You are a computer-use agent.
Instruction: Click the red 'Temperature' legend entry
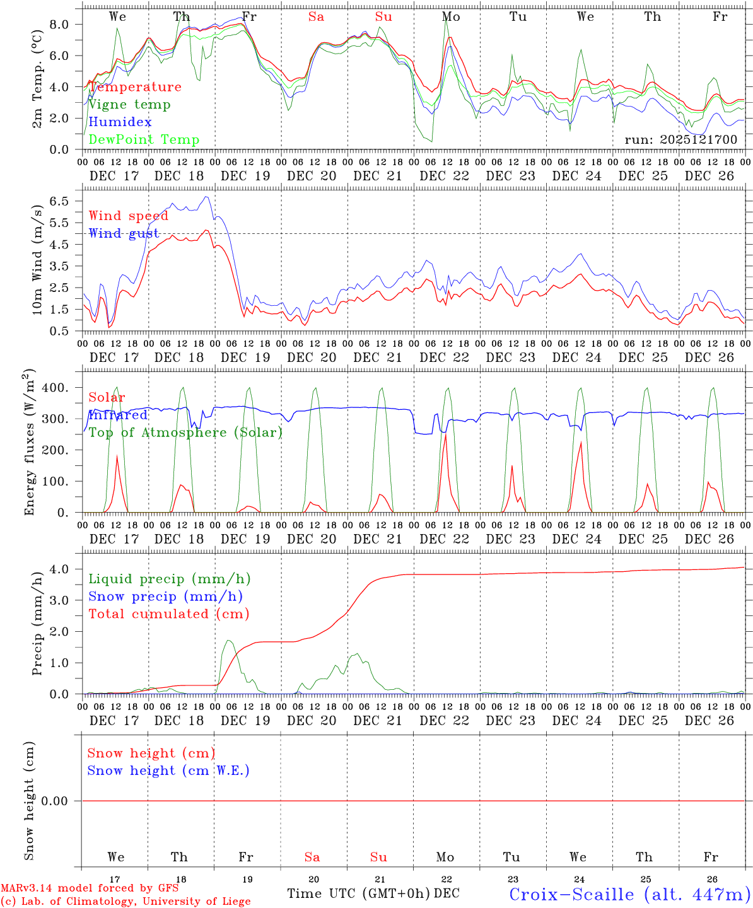point(135,87)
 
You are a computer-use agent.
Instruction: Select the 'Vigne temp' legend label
point(129,105)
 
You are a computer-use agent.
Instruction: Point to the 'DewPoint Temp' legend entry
point(144,139)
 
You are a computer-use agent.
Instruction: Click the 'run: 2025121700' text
point(680,139)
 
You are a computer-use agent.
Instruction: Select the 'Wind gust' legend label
point(124,233)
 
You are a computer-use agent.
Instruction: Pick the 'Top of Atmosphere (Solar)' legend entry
point(185,433)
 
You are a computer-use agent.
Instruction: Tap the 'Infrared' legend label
point(118,415)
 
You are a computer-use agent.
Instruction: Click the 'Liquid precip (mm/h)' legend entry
point(170,579)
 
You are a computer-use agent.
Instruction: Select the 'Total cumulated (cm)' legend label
point(169,614)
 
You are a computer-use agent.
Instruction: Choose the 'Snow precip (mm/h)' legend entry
point(165,597)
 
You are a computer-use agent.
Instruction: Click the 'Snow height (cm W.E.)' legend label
point(168,771)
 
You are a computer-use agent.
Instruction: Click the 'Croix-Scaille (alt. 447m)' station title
point(629,894)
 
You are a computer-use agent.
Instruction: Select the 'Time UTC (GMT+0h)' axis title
point(359,893)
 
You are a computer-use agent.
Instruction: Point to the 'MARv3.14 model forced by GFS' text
point(90,888)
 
